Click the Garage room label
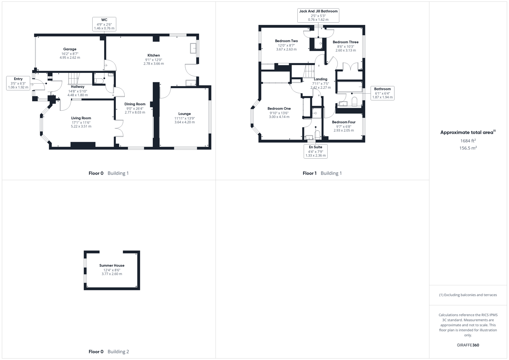[70, 49]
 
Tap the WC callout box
[104, 24]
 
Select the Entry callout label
[18, 83]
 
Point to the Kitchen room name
[154, 55]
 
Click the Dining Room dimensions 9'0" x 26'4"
[135, 108]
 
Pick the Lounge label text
[184, 114]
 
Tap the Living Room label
[81, 118]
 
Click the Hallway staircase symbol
[74, 79]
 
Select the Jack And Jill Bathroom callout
[318, 15]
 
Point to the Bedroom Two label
[286, 41]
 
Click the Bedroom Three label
[345, 42]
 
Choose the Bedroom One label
[279, 109]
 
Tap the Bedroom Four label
[344, 122]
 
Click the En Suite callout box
[315, 151]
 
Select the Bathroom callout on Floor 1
[382, 93]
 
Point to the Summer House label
[112, 266]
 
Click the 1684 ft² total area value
[468, 141]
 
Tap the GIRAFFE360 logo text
[468, 345]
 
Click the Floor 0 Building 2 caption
[109, 351]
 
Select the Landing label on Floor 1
[320, 79]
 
